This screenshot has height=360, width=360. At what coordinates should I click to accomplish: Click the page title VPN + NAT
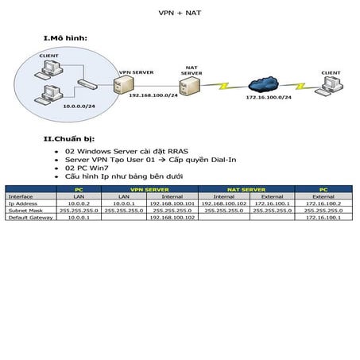pyautogui.click(x=179, y=14)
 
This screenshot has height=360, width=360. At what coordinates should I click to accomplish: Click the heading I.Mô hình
pyautogui.click(x=65, y=38)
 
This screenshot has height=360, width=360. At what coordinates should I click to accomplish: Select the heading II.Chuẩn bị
pyautogui.click(x=72, y=139)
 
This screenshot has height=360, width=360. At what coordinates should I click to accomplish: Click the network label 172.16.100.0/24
pyautogui.click(x=268, y=97)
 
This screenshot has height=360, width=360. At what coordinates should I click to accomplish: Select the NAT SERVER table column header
pyautogui.click(x=248, y=190)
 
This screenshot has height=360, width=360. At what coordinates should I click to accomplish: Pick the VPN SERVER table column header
pyautogui.click(x=147, y=190)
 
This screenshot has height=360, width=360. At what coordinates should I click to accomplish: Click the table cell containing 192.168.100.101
pyautogui.click(x=172, y=203)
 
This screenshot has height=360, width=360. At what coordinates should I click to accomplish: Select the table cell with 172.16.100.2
pyautogui.click(x=323, y=203)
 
